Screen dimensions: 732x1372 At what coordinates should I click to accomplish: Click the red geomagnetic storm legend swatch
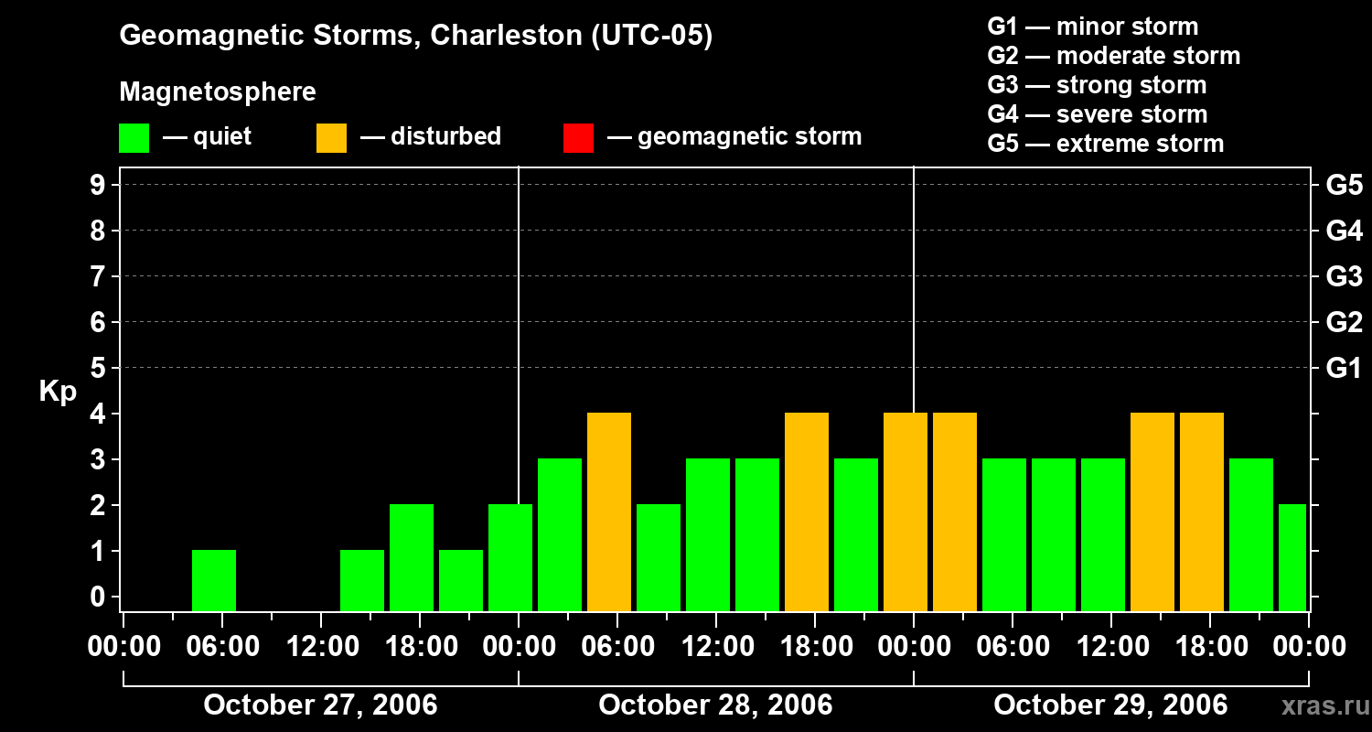[578, 137]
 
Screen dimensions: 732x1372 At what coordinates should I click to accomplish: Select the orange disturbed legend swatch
[331, 137]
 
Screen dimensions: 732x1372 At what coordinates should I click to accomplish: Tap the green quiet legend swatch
[134, 137]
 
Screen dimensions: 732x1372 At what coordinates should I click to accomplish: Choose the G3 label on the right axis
[1344, 276]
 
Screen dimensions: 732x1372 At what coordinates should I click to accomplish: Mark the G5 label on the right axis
[1344, 185]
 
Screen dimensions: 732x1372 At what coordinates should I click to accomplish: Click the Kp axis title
[58, 393]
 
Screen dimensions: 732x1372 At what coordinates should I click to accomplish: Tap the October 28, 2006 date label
[715, 705]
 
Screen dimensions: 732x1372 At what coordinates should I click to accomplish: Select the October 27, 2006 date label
[320, 705]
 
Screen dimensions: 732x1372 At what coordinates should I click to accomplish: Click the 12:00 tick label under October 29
[1110, 647]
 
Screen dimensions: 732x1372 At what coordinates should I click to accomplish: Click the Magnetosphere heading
[218, 92]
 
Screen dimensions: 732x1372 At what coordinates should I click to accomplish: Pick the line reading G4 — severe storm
[1098, 114]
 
